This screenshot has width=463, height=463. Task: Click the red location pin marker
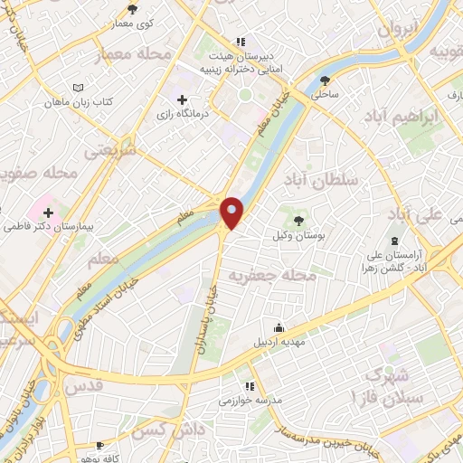point(233,213)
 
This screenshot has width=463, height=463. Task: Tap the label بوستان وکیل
point(297,236)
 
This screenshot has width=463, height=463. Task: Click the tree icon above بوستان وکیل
point(297,219)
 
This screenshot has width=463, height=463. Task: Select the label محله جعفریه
point(268,272)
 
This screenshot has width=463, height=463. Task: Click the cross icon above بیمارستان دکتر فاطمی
point(47,212)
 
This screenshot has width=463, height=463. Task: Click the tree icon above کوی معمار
point(133,9)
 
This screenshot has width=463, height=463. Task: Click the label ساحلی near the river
point(325,93)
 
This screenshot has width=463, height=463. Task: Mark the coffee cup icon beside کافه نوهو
point(101,445)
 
